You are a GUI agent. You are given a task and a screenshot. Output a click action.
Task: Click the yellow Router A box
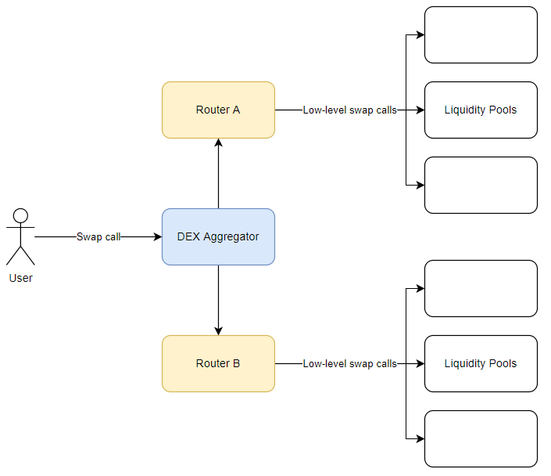[x=218, y=110]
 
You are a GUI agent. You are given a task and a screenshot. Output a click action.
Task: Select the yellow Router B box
[x=218, y=363]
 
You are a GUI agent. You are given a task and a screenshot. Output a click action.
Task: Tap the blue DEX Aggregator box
[x=218, y=236]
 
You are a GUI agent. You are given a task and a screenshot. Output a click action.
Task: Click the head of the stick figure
[x=20, y=215]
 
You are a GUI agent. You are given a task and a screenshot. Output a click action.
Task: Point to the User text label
[x=20, y=278]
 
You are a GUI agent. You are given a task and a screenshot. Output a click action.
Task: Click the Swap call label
[x=98, y=236]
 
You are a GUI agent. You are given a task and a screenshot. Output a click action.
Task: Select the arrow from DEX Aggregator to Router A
[x=218, y=174]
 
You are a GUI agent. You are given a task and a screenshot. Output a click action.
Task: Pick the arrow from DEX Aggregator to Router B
[x=218, y=301]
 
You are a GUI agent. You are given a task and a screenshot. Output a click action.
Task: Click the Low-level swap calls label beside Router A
[x=349, y=110]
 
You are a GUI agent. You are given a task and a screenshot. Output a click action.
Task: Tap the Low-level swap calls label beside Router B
[x=349, y=364]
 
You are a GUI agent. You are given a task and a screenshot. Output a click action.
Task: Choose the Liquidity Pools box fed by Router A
[x=481, y=110]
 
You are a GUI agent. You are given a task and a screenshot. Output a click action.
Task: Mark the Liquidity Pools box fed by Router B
[x=481, y=363]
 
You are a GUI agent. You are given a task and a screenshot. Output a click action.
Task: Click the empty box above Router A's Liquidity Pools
[x=481, y=34]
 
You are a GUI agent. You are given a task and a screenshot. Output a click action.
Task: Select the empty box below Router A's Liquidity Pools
[x=481, y=185]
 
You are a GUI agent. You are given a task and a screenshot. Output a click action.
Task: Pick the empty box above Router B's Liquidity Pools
[x=481, y=288]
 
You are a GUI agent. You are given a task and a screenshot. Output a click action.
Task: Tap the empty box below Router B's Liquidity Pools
[x=481, y=438]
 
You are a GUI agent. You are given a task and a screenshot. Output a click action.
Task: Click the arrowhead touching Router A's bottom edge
[x=218, y=142]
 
